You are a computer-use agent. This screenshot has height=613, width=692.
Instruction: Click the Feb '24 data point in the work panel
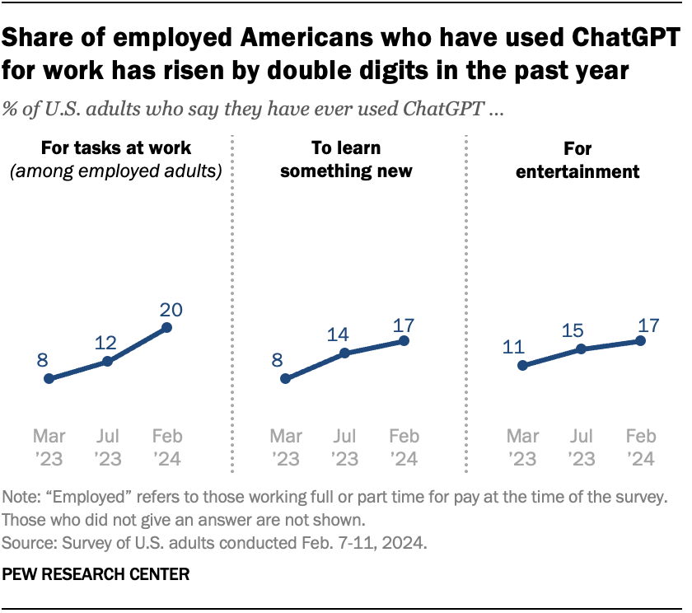pos(166,328)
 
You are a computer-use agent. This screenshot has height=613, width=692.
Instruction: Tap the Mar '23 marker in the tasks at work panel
pos(49,379)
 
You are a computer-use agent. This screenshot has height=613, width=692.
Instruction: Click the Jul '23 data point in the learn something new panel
pos(344,353)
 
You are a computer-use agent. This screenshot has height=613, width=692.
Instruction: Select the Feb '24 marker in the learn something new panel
pos(404,339)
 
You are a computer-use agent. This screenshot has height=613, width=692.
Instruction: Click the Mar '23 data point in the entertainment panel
pos(521,366)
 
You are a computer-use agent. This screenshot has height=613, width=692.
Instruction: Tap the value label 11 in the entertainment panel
pos(514,346)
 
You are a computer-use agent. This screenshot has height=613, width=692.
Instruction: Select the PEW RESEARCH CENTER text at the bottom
pos(96,575)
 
